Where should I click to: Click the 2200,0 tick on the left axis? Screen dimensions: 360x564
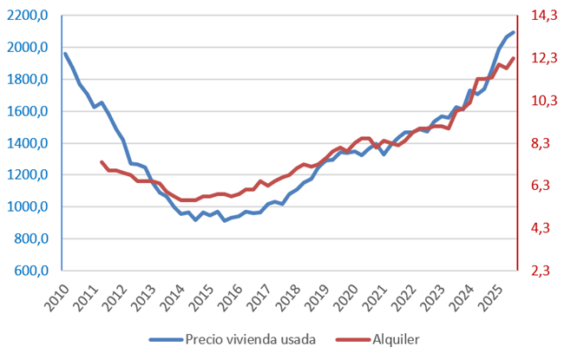coord(30,16)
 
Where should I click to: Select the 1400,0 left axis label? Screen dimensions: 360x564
coord(30,143)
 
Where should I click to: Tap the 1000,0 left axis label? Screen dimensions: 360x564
coord(30,207)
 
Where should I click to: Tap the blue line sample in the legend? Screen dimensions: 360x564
coord(165,339)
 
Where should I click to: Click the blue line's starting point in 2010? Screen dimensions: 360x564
coord(65,54)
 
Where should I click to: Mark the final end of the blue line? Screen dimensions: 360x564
coord(513,32)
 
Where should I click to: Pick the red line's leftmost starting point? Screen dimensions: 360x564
coord(102,162)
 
